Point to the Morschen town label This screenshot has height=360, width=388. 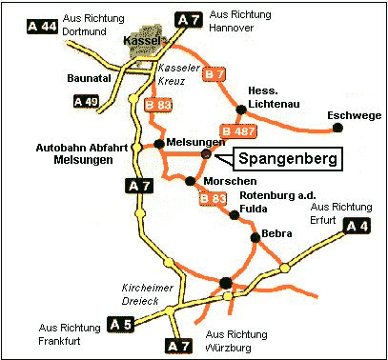pyautogui.click(x=228, y=181)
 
